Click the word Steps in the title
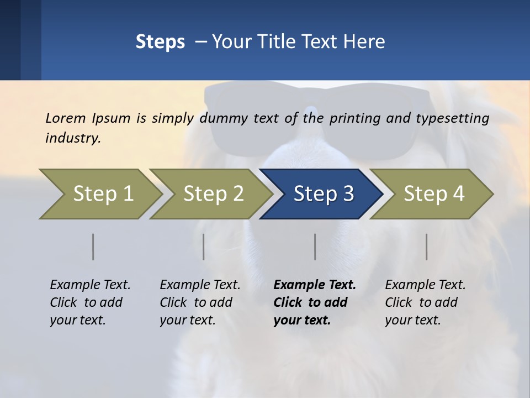pyautogui.click(x=160, y=42)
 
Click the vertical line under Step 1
pyautogui.click(x=93, y=247)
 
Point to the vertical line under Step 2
pyautogui.click(x=204, y=247)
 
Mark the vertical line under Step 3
pyautogui.click(x=315, y=247)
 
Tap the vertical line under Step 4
pyautogui.click(x=427, y=247)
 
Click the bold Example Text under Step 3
pyautogui.click(x=315, y=285)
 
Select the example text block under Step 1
pyautogui.click(x=90, y=302)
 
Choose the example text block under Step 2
pyautogui.click(x=200, y=302)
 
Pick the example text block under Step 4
pyautogui.click(x=425, y=302)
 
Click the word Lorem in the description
pyautogui.click(x=66, y=118)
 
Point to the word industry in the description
pyautogui.click(x=73, y=138)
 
